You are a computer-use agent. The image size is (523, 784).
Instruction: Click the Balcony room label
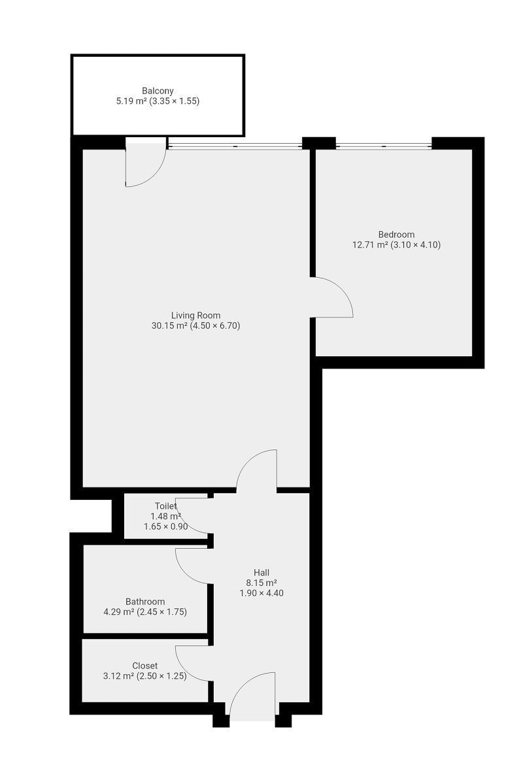tap(158, 91)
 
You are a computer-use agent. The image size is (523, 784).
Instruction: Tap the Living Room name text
tap(195, 316)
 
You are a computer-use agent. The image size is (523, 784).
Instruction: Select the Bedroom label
tap(396, 234)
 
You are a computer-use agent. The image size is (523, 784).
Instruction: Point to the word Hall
tap(261, 572)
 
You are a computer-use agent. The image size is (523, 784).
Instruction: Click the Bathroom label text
tap(145, 602)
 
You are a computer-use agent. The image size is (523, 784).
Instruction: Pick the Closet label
tap(144, 666)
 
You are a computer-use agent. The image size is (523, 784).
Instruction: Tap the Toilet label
tap(165, 506)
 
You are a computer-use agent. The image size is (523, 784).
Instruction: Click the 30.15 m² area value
tap(169, 326)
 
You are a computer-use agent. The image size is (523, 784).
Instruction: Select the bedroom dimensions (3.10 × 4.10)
tap(415, 244)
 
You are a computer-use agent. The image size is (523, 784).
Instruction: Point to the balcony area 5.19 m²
tap(131, 101)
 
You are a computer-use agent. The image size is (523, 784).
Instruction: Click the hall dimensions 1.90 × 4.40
tap(261, 593)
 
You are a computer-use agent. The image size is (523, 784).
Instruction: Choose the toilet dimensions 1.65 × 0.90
tap(165, 527)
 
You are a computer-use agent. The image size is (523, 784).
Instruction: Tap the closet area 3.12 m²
tap(118, 676)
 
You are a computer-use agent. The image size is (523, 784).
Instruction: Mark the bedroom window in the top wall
tap(384, 146)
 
